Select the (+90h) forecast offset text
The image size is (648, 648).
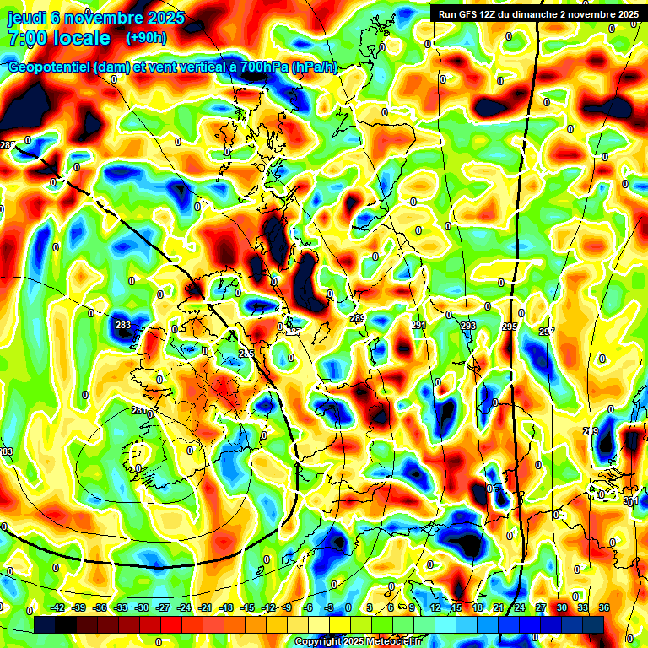click(146, 38)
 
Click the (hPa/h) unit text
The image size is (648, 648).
click(314, 67)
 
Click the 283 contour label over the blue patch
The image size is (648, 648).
click(123, 325)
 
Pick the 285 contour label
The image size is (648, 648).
click(246, 354)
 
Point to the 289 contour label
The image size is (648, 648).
click(357, 318)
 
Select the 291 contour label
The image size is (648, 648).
click(419, 325)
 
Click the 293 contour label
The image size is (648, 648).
click(468, 326)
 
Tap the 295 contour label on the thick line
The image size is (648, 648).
click(510, 326)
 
